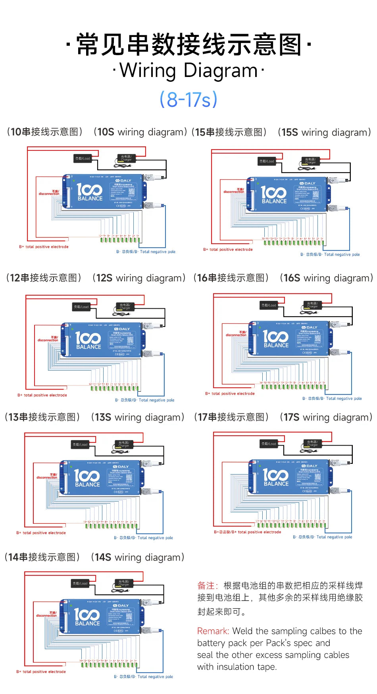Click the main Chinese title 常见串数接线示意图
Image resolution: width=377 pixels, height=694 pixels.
pyautogui.click(x=188, y=44)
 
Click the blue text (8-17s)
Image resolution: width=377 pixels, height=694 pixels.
pyautogui.click(x=188, y=99)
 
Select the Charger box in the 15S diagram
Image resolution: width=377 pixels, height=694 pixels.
pyautogui.click(x=310, y=161)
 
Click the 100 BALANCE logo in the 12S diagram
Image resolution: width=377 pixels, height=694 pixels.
pyautogui.click(x=88, y=341)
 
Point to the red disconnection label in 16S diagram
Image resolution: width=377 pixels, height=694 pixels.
pyautogui.click(x=237, y=334)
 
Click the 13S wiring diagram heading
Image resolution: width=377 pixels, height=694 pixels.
pyautogui.click(x=137, y=417)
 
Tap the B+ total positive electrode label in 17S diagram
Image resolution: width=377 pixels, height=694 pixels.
pyautogui.click(x=248, y=532)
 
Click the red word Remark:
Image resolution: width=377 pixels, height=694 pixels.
pyautogui.click(x=213, y=631)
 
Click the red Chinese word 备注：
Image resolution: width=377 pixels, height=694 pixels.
pyautogui.click(x=208, y=586)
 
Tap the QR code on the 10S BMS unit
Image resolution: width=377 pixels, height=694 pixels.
pyautogui.click(x=132, y=191)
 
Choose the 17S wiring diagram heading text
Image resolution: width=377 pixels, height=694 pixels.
pyautogui.click(x=325, y=417)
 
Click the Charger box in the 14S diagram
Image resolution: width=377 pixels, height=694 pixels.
pyautogui.click(x=124, y=583)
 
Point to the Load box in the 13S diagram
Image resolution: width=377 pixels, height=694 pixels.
pyautogui.click(x=80, y=444)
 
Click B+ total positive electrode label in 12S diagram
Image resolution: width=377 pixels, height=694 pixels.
pyautogui.click(x=42, y=395)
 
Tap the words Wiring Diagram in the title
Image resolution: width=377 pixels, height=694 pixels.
pyautogui.click(x=188, y=71)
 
